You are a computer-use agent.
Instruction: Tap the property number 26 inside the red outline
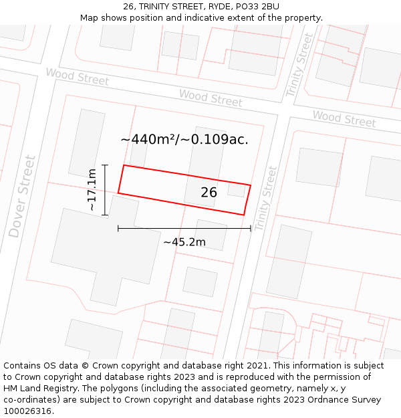coord(209,193)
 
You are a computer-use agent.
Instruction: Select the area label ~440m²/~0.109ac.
coord(184,139)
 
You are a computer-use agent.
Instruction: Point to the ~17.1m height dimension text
coord(92,190)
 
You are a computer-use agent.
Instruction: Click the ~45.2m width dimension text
coord(184,241)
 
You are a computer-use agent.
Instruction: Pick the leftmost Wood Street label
coord(77,76)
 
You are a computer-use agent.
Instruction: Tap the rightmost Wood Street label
coord(344,119)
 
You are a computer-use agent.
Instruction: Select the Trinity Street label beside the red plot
coord(265,199)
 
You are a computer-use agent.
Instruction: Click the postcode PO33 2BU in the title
coord(257,7)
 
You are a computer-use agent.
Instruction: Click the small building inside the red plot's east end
coord(237,191)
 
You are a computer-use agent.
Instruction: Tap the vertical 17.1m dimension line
coord(105,190)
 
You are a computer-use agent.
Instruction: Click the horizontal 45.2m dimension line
coord(184,229)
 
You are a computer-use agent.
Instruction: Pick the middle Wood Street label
coord(211,98)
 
